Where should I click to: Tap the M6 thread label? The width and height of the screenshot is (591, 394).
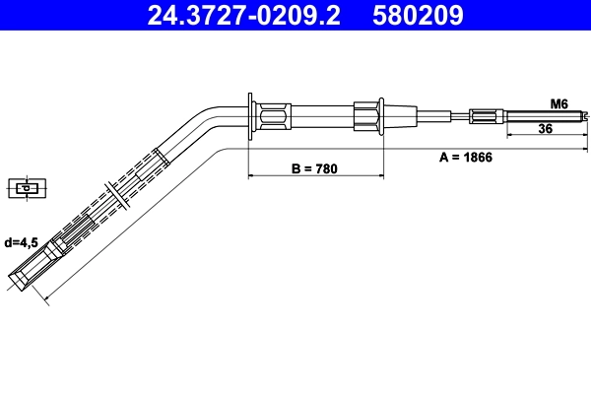click(558, 102)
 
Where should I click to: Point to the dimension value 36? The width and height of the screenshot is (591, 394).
click(545, 128)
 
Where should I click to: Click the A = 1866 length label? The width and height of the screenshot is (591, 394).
click(465, 157)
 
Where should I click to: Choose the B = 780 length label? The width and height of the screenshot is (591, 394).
click(314, 168)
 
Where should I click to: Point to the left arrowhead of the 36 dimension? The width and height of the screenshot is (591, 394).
click(508, 136)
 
